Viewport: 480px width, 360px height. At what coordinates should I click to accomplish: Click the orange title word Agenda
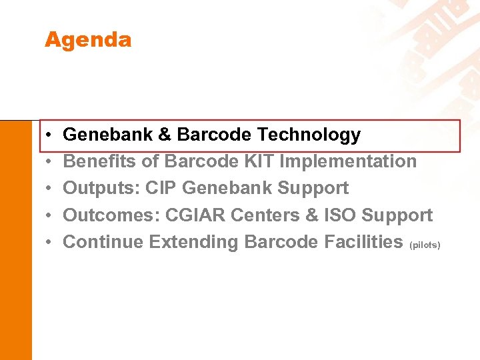coord(88,40)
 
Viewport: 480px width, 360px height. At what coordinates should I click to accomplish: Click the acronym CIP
coord(160,188)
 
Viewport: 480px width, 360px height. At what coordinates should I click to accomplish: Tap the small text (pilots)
coord(425,245)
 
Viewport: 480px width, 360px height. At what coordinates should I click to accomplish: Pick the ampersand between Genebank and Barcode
coord(165,135)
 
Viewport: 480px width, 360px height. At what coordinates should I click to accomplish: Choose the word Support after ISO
coord(397,215)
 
